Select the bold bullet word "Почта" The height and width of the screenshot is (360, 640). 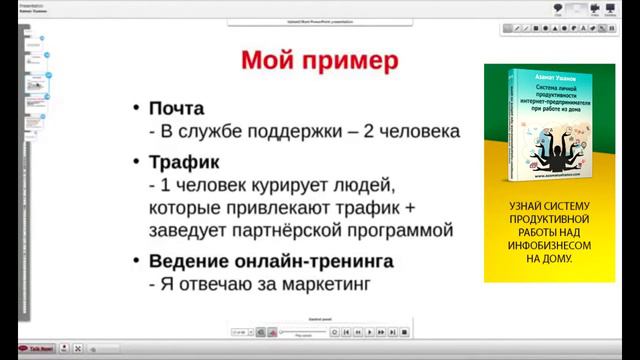177,108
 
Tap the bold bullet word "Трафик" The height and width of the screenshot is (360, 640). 185,162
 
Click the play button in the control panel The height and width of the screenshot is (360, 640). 370,331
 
